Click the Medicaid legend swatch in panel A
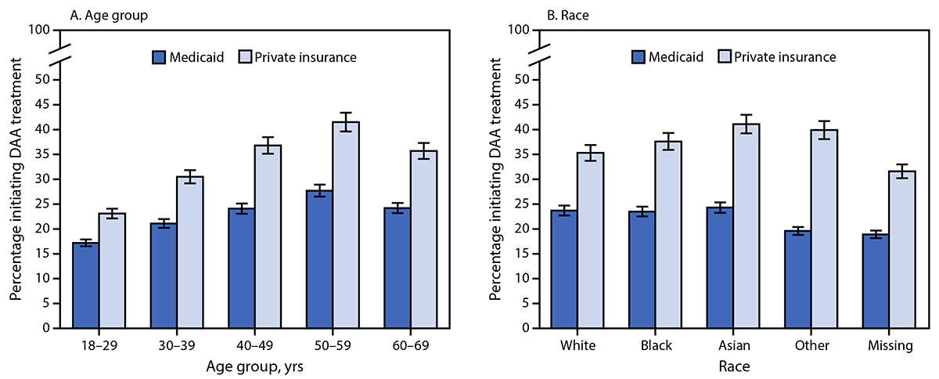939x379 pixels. (160, 56)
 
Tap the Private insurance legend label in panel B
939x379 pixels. (791, 56)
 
